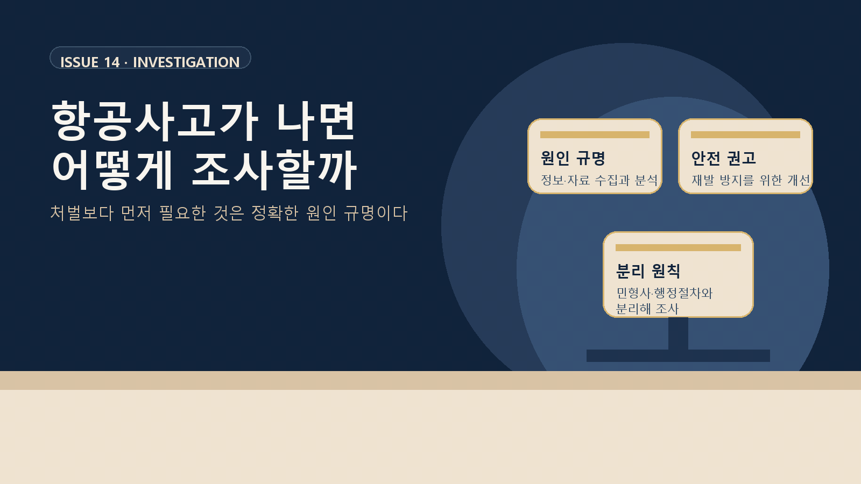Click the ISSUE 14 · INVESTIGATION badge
point(150,58)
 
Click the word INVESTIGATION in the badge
point(186,62)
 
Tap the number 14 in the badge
point(112,62)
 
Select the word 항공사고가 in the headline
point(156,121)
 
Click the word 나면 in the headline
point(316,121)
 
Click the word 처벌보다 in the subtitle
point(82,213)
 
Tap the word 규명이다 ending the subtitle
point(375,213)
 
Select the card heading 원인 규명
point(573,158)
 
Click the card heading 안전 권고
point(723,158)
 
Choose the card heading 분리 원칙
point(648,271)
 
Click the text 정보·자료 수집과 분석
point(599,180)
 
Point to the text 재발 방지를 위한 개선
point(751,180)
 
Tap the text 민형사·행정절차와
point(665,293)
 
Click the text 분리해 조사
point(647,309)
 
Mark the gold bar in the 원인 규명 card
point(595,134)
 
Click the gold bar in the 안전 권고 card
point(745,134)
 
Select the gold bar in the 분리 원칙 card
point(678,247)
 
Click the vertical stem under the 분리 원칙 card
point(678,333)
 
